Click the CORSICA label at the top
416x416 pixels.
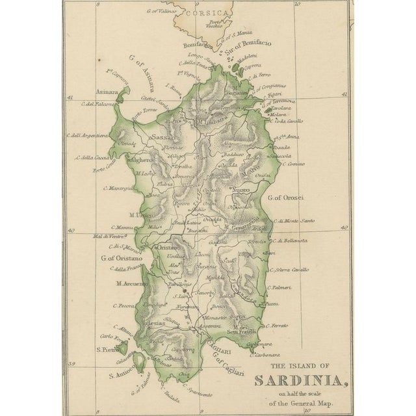point(205,12)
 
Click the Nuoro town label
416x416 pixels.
point(241,190)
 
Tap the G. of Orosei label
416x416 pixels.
point(286,197)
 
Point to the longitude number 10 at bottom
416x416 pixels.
point(313,411)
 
